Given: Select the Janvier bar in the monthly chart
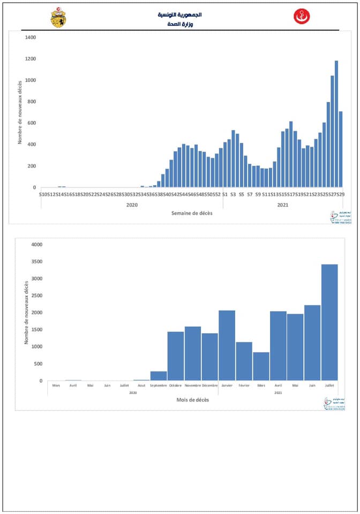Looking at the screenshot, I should [x=227, y=345].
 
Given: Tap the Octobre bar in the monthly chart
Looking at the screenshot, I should [x=176, y=356].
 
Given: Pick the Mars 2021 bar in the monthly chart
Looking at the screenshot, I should [x=261, y=366].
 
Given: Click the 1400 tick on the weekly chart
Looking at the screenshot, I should [x=30, y=37].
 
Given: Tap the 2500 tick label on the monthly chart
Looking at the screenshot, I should [x=37, y=296].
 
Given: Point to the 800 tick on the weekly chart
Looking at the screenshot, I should [x=31, y=102].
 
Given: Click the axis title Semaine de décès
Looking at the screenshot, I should [x=191, y=213].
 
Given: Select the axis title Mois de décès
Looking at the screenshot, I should [x=193, y=400].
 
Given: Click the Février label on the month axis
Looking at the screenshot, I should [x=244, y=385].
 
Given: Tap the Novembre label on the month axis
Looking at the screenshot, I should [x=193, y=385].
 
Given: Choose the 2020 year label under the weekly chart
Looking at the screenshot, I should [x=132, y=205].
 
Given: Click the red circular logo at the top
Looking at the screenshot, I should [x=302, y=17].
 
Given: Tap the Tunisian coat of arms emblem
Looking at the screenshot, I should [x=58, y=18].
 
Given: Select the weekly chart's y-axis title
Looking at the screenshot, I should [x=20, y=112].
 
